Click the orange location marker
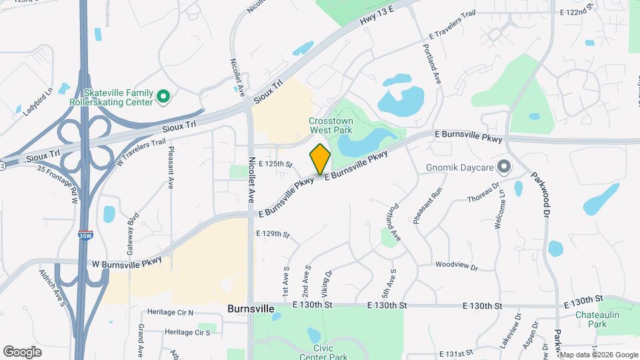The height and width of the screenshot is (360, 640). tap(320, 159)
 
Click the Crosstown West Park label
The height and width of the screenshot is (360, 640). tap(330, 125)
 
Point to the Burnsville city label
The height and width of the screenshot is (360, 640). tap(251, 309)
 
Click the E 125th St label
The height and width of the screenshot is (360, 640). tap(275, 163)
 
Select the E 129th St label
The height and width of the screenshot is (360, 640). tap(272, 234)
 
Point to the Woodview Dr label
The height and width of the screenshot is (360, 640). tap(457, 266)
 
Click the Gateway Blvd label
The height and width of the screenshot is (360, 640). tap(131, 229)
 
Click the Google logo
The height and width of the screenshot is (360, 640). tap(22, 351)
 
